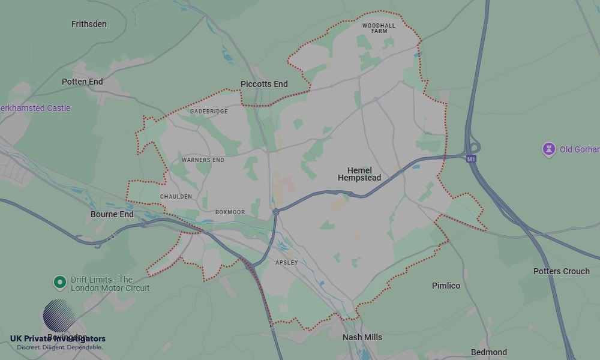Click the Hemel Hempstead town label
click(359, 174)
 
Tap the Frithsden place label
click(89, 24)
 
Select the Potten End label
click(82, 82)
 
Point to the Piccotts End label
click(264, 84)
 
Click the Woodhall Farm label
click(379, 28)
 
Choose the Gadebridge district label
click(209, 112)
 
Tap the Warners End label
click(203, 160)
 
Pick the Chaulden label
click(176, 197)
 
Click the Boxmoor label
click(230, 212)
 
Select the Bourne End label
click(112, 214)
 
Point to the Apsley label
click(286, 263)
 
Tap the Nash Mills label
click(362, 337)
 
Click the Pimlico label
click(446, 286)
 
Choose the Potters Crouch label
click(561, 271)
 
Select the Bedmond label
click(489, 352)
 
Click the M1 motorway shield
click(471, 159)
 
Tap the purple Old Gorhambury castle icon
click(548, 149)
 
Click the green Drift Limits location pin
click(59, 282)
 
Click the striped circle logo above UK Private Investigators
click(59, 316)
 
